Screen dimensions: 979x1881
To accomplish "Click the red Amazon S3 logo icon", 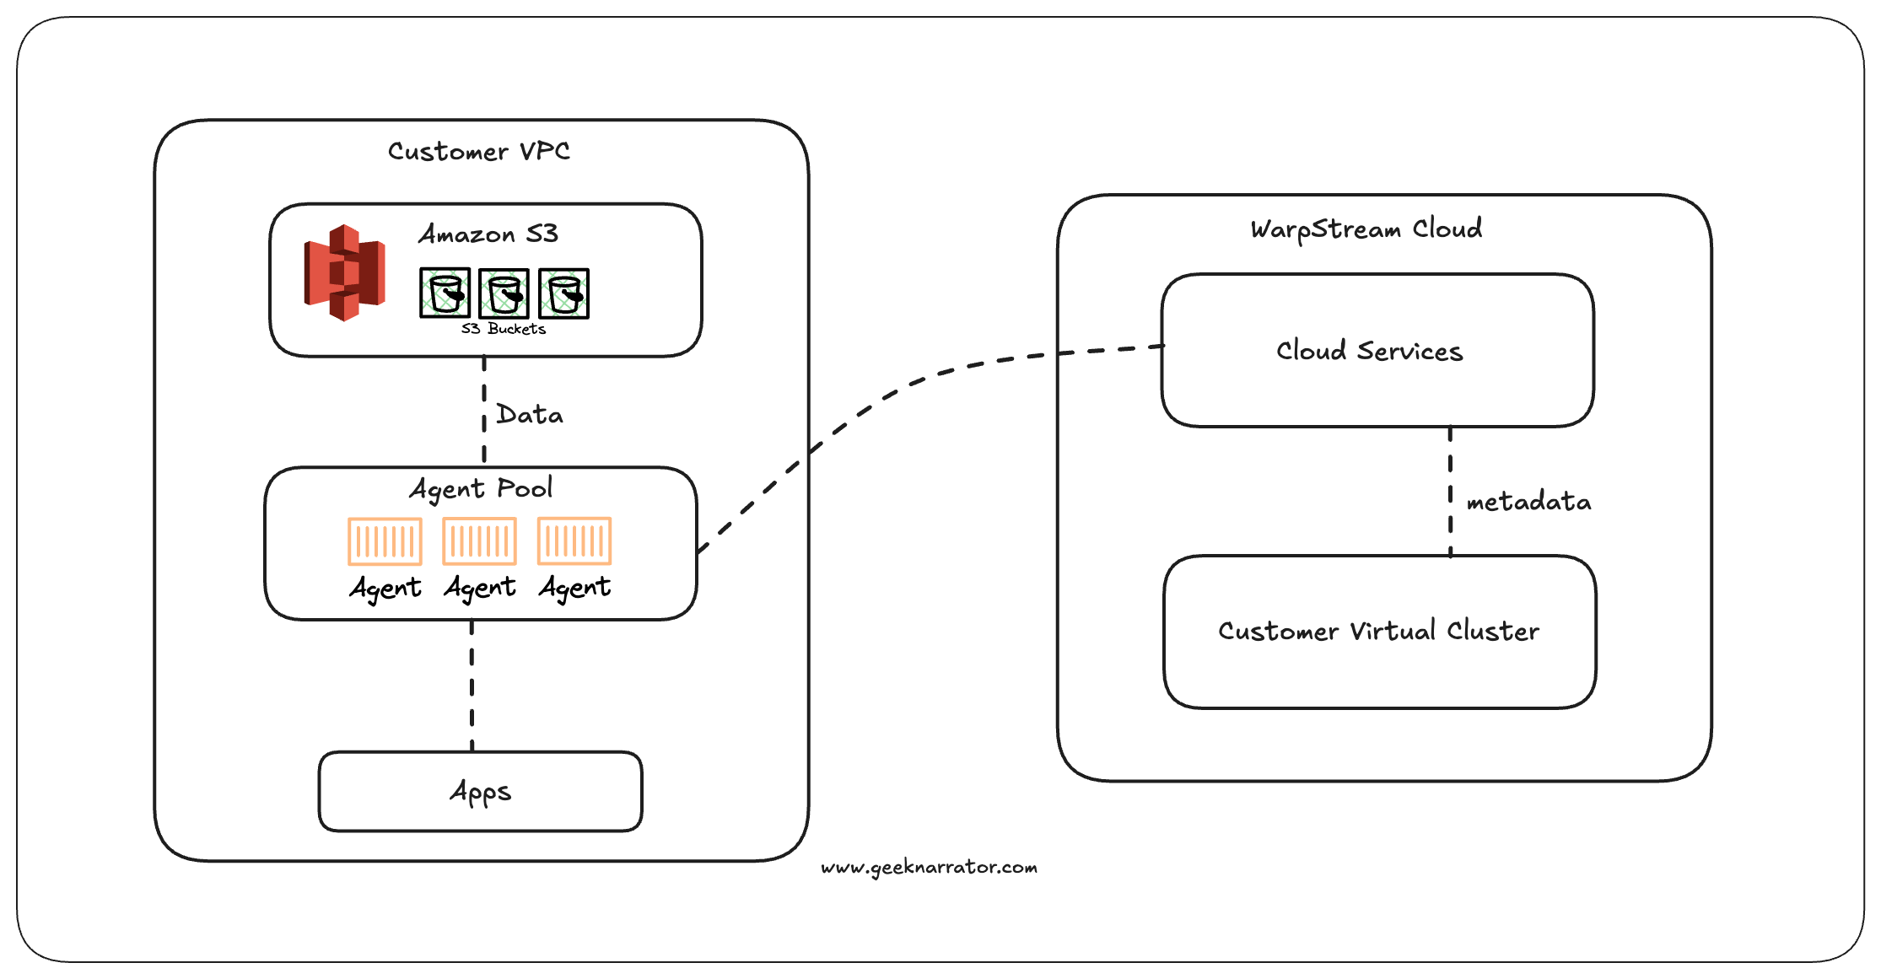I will click(x=344, y=272).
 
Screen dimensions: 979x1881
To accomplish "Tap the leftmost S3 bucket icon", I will click(x=445, y=293).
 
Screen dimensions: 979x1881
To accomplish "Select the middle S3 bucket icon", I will click(x=504, y=293).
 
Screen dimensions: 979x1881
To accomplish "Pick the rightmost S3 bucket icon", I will click(x=563, y=293).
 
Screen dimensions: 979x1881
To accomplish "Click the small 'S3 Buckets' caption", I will click(x=503, y=329).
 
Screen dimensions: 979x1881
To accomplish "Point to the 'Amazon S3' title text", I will click(x=488, y=234).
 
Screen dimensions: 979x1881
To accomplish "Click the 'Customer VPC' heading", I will click(x=478, y=151).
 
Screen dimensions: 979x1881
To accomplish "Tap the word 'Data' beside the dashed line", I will click(x=529, y=415).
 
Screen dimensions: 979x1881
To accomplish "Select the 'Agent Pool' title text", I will click(x=481, y=488).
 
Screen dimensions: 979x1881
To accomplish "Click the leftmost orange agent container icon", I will click(x=385, y=541).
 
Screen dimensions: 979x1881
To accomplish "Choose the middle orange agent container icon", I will click(x=479, y=541).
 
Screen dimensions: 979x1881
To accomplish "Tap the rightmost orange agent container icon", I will click(x=574, y=541).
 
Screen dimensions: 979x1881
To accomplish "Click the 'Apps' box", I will click(x=480, y=792).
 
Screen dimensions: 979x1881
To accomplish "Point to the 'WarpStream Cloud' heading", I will click(x=1366, y=229).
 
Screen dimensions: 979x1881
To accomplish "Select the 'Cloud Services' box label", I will click(x=1369, y=351).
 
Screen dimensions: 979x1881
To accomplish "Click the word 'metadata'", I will click(x=1528, y=502).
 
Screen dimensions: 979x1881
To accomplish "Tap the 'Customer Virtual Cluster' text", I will click(x=1378, y=631).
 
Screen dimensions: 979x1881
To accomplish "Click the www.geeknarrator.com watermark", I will click(x=929, y=867).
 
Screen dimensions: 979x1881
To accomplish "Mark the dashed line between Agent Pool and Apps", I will click(x=472, y=685).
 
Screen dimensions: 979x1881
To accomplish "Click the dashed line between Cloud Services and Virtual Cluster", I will click(x=1450, y=491).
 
